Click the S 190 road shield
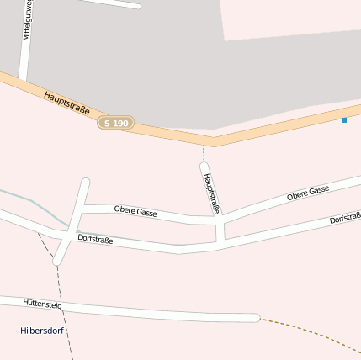[x=116, y=123]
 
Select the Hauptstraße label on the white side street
[x=210, y=193]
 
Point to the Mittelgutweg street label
[x=27, y=21]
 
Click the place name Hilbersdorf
[x=42, y=331]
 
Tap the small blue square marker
[x=344, y=120]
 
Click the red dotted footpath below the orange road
[x=203, y=153]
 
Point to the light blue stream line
[x=34, y=202]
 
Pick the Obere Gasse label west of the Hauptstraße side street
[x=135, y=211]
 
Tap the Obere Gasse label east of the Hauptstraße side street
[x=308, y=193]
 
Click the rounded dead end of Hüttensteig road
[x=255, y=317]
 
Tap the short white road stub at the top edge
[x=114, y=3]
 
